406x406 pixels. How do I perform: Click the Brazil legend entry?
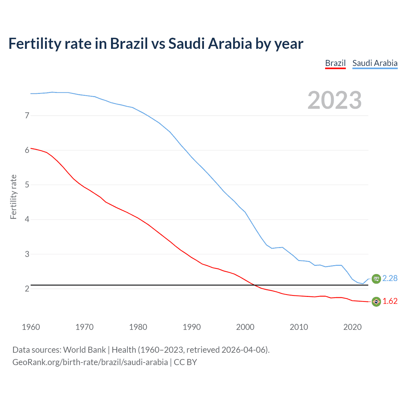(335, 63)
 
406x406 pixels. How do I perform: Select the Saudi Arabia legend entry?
(375, 63)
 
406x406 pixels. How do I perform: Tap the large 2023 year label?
(334, 100)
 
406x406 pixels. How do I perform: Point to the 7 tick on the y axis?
(27, 115)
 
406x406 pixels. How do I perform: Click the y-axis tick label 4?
(27, 219)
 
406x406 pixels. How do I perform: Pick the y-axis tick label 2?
(27, 289)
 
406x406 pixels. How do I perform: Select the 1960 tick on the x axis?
(31, 327)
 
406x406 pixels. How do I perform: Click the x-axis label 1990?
(192, 327)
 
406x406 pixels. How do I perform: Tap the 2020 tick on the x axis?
(352, 327)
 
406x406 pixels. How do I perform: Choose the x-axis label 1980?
(138, 327)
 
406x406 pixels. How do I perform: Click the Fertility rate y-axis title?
(13, 197)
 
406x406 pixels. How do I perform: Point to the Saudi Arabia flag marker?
(376, 278)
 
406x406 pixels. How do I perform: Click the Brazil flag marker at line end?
(376, 302)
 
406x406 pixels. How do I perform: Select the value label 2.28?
(390, 278)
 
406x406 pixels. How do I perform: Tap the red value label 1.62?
(390, 301)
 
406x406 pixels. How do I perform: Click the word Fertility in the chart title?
(34, 43)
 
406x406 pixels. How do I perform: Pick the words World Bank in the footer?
(84, 350)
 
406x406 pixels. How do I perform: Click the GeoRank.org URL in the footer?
(90, 362)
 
